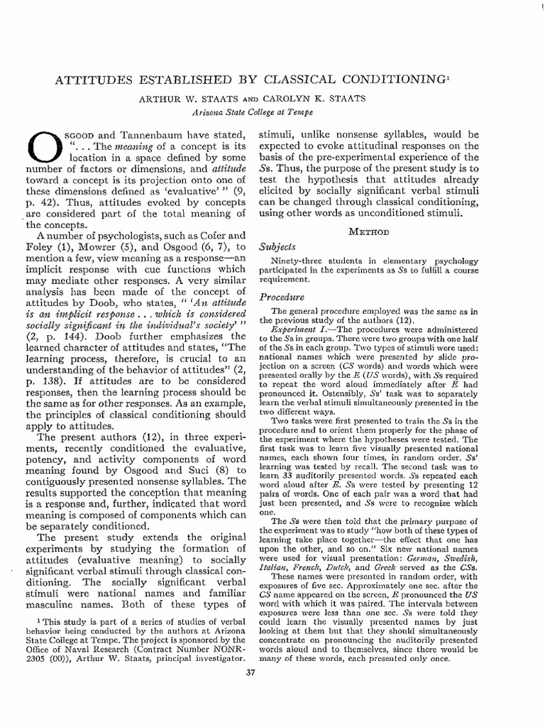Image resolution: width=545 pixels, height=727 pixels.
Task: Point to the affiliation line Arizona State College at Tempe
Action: click(253, 111)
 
